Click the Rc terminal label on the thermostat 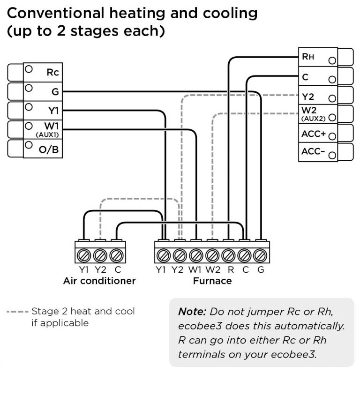click(52, 73)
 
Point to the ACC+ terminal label click(314, 134)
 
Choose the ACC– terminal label click(314, 152)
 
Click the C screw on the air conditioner click(117, 256)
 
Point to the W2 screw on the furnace click(212, 256)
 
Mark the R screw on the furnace click(229, 256)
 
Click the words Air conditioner click(99, 281)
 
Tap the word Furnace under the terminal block click(212, 281)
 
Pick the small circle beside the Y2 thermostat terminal click(332, 98)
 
